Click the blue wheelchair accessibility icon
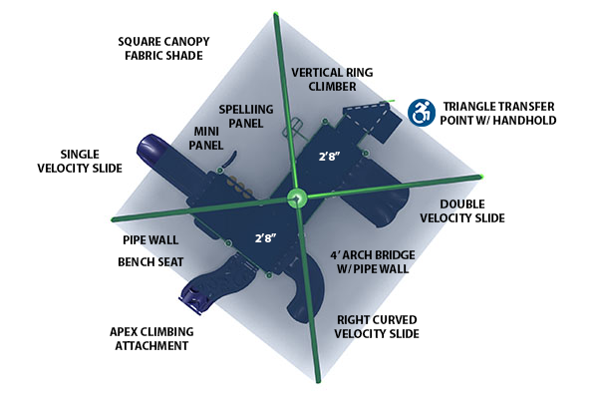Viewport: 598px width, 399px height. (422, 112)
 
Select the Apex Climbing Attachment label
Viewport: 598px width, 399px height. (150, 338)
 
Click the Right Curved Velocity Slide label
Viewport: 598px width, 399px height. (375, 325)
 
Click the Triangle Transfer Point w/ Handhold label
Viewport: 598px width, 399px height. (498, 113)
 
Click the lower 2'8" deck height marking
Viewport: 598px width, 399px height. (264, 239)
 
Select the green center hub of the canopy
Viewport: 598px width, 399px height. (298, 198)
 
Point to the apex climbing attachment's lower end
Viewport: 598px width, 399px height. (191, 296)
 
